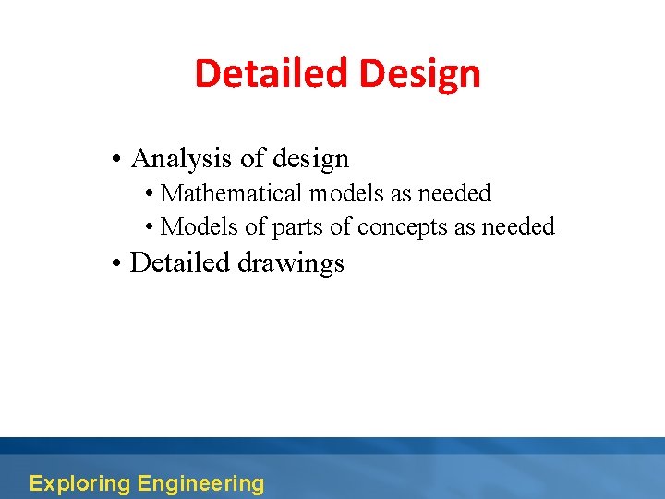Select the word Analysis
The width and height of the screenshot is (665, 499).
pyautogui.click(x=181, y=159)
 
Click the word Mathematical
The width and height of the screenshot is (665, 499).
pyautogui.click(x=232, y=194)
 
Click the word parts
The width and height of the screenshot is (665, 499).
pyautogui.click(x=293, y=227)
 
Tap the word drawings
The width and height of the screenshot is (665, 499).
pyautogui.click(x=291, y=264)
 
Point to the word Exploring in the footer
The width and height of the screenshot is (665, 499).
pyautogui.click(x=79, y=483)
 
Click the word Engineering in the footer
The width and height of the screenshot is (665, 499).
pyautogui.click(x=200, y=483)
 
